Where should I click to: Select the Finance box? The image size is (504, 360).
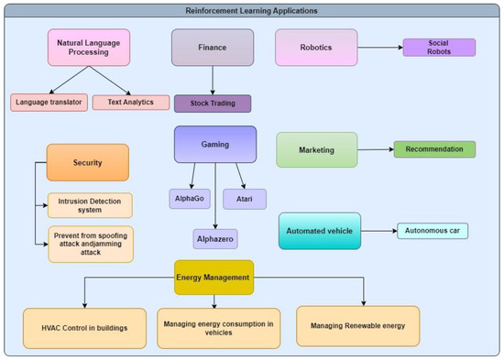(x=214, y=47)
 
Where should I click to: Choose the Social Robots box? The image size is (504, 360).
(x=439, y=48)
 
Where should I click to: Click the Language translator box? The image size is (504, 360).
(x=49, y=103)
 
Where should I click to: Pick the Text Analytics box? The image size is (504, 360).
(x=124, y=103)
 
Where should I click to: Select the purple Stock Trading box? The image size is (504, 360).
(x=214, y=104)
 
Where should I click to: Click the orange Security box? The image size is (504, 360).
(x=88, y=162)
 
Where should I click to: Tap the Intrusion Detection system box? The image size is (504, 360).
(x=90, y=204)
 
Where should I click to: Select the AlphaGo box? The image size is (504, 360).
(x=192, y=198)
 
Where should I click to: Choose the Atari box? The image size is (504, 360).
(x=245, y=199)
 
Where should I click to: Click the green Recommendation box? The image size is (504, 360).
(x=434, y=149)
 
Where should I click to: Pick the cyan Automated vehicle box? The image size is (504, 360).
(x=320, y=230)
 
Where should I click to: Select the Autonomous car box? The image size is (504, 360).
(x=433, y=230)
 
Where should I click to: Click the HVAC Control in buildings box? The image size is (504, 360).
(x=84, y=327)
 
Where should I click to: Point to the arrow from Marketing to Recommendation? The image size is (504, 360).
(x=374, y=149)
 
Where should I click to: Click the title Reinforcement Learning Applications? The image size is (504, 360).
(x=252, y=10)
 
